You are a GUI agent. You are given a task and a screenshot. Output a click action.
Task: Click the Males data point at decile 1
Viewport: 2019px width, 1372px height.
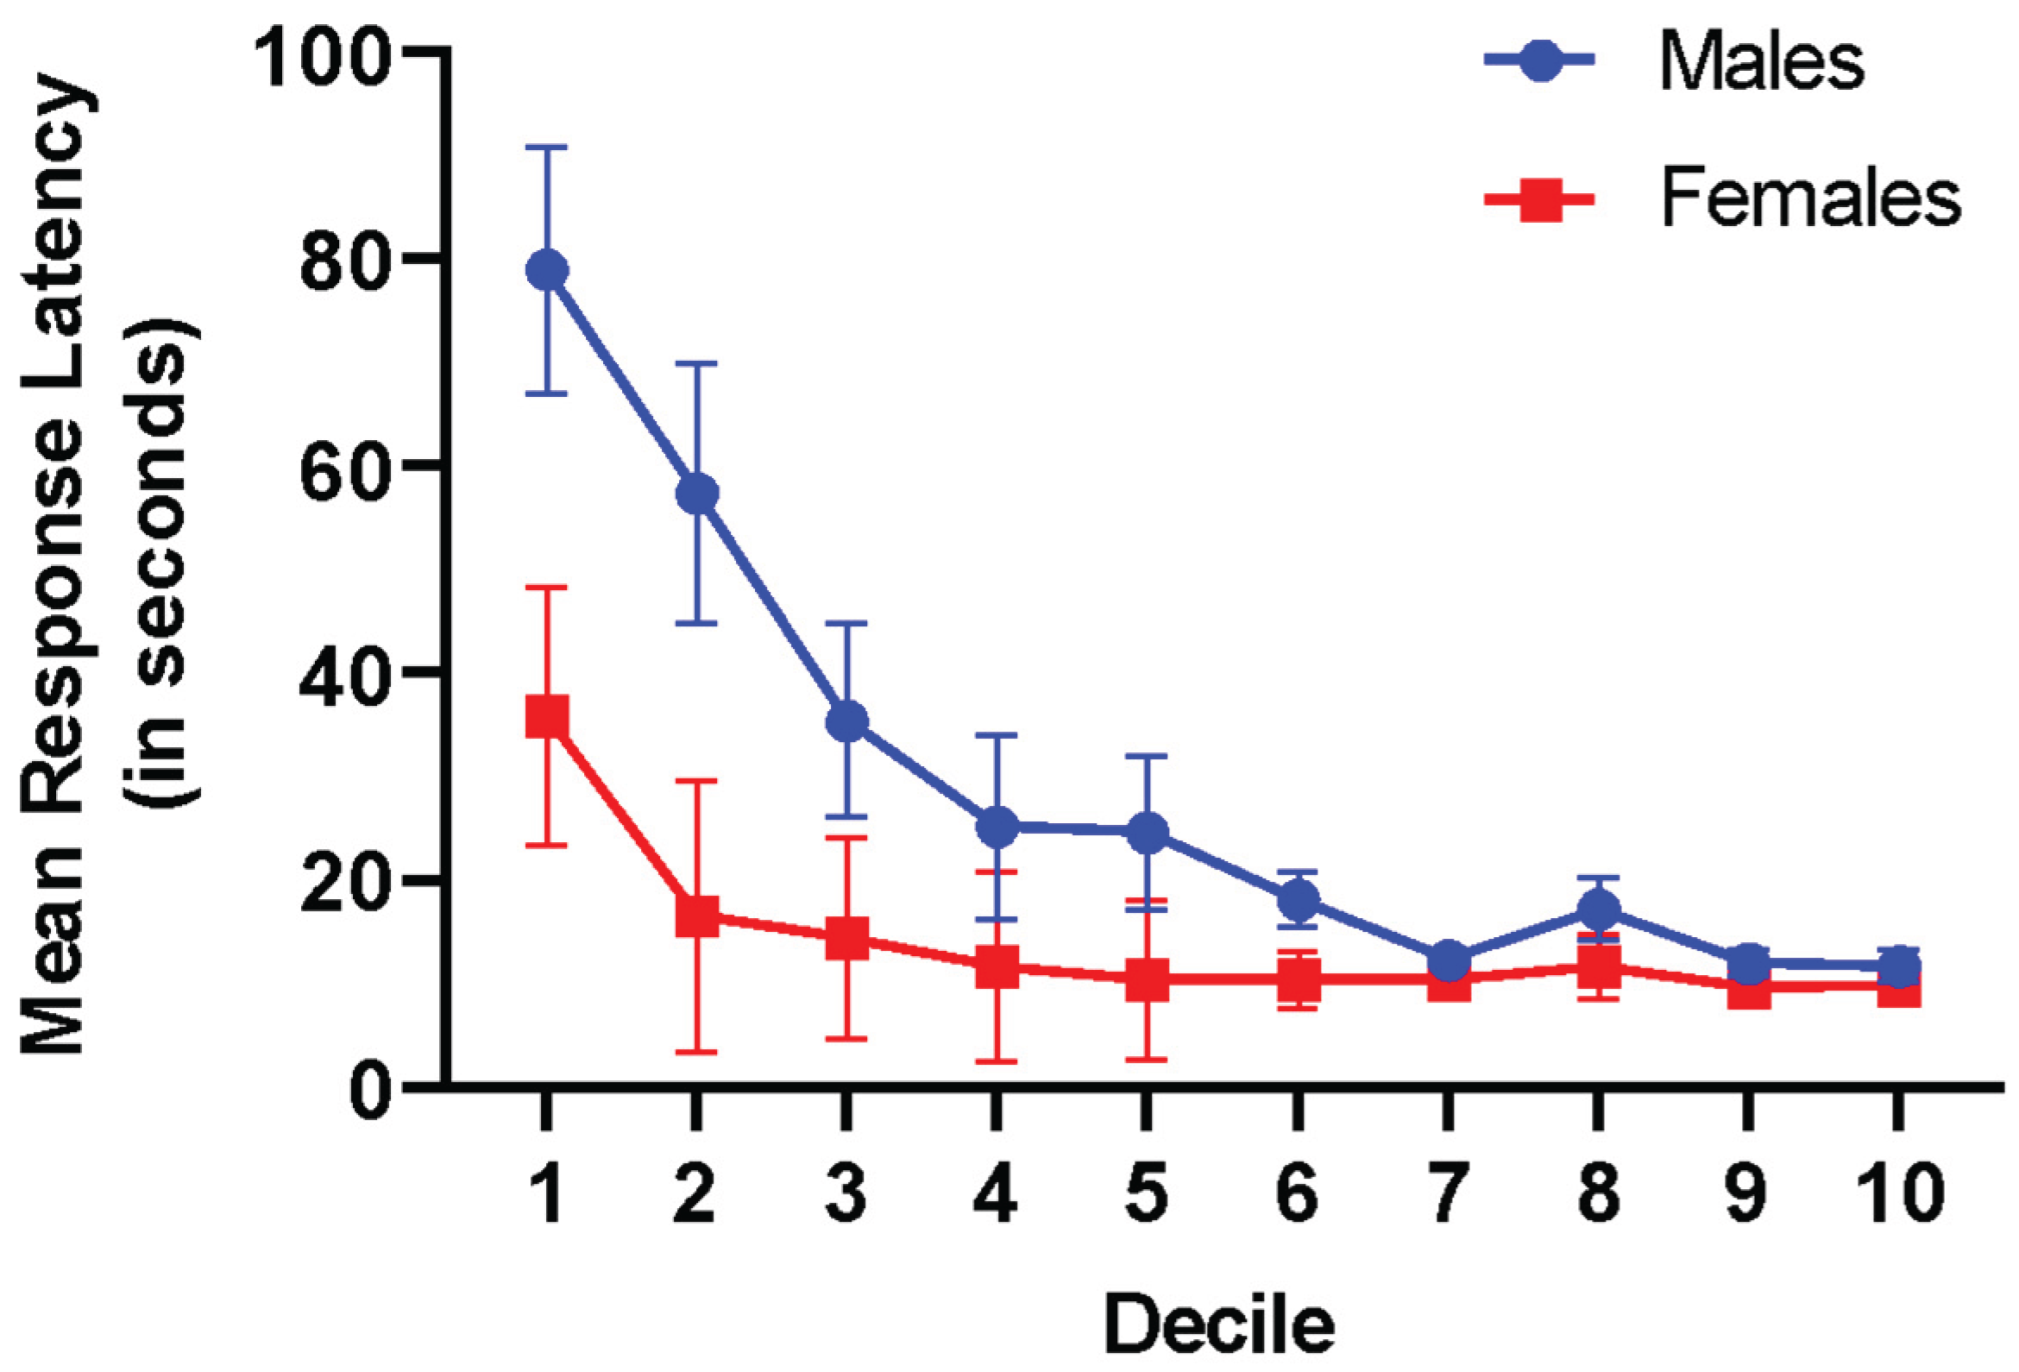pos(547,270)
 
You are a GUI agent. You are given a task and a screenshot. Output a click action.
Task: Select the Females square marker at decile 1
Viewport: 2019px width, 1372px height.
pos(547,718)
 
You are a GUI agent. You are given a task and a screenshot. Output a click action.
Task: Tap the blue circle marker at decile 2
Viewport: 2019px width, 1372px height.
pos(697,494)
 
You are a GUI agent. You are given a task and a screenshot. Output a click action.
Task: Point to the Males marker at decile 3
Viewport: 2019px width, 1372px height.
pos(846,721)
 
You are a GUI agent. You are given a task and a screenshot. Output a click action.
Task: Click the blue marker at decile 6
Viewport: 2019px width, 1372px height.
pos(1299,898)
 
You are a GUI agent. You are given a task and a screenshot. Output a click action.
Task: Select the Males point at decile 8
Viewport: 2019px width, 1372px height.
pos(1599,909)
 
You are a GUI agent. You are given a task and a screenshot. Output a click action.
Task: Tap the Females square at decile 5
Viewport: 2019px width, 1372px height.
pos(1147,980)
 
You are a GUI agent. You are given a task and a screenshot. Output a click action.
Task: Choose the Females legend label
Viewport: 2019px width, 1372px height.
pos(1810,199)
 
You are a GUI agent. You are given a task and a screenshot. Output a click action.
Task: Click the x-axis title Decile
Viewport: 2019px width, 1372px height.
pos(1219,1325)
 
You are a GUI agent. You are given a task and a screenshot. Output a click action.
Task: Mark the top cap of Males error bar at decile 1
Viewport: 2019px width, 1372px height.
pos(547,148)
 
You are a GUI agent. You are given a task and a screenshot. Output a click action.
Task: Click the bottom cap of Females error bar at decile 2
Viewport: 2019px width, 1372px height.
pos(697,1052)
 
